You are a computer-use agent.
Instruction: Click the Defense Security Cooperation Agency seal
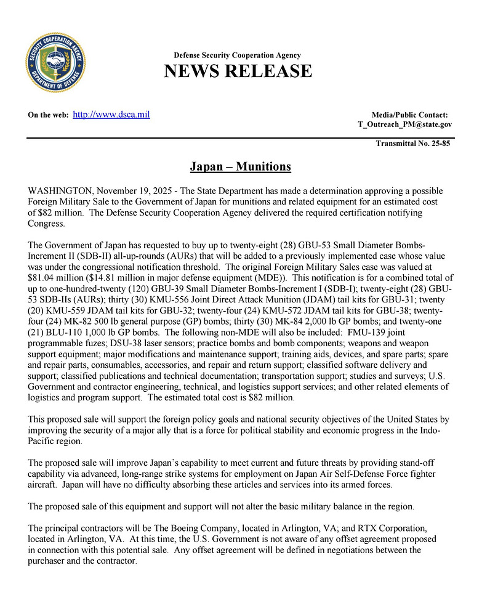click(55, 63)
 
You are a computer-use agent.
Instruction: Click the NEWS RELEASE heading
click(238, 71)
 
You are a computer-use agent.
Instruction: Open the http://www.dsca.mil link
click(111, 115)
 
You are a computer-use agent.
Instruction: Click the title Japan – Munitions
click(240, 167)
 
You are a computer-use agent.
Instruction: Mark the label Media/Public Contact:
click(409, 115)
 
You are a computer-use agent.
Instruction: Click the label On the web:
click(49, 115)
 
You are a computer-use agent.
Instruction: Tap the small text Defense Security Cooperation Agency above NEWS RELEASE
click(238, 55)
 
